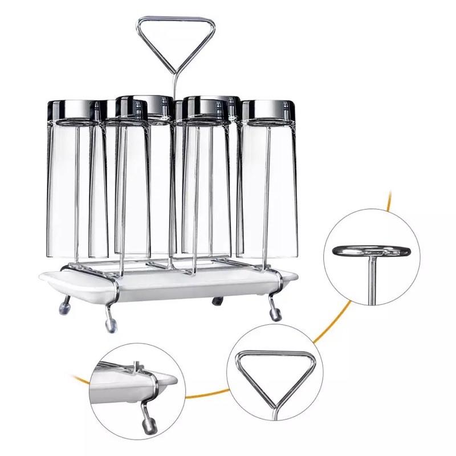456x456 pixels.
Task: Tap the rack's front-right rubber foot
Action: (x=276, y=314)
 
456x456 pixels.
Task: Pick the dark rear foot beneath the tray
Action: (x=217, y=301)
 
